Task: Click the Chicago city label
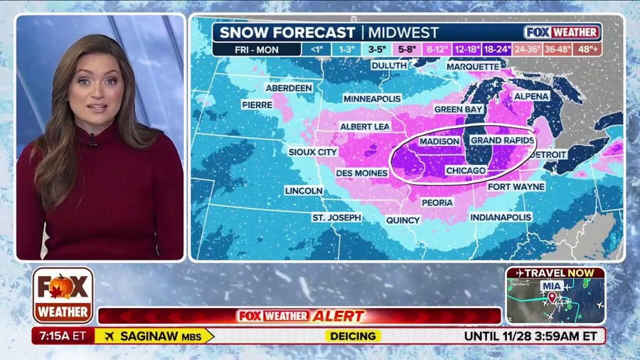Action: tap(466, 171)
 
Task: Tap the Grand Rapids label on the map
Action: tap(502, 141)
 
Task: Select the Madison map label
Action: tap(440, 142)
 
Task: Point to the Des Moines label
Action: tap(361, 172)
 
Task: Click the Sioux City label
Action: tap(313, 152)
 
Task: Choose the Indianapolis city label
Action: tap(501, 216)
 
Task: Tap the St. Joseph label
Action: tap(336, 217)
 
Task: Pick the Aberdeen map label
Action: tap(289, 88)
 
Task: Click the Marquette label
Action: tap(473, 66)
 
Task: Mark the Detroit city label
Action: tap(548, 154)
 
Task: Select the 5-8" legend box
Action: tap(406, 50)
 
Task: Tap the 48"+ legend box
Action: tap(588, 50)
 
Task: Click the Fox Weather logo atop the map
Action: tap(562, 32)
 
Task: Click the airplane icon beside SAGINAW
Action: tap(109, 335)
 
